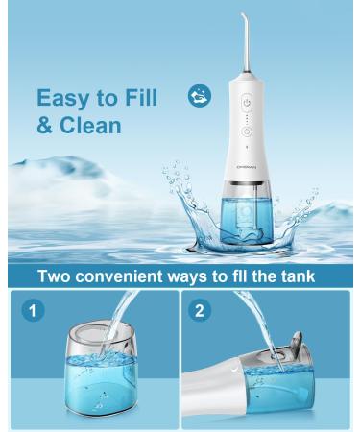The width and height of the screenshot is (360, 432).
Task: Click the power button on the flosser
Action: coord(247,103)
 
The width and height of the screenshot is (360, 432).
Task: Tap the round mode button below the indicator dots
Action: coord(247,132)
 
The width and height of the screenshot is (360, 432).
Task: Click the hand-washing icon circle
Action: coord(200,95)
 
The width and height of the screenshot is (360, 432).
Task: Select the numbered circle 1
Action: coord(33,310)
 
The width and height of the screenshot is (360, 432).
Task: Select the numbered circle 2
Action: coord(200,310)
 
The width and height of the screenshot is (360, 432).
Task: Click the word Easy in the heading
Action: coord(63,98)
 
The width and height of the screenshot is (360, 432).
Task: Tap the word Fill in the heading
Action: coord(141,97)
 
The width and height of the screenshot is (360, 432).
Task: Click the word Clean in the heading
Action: coord(90,125)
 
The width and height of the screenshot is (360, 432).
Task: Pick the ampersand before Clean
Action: coord(45,125)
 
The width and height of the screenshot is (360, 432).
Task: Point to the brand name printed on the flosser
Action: coord(247,166)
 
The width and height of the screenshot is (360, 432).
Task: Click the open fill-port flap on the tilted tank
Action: coord(297,343)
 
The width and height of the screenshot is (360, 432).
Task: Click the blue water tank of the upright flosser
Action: coord(247,218)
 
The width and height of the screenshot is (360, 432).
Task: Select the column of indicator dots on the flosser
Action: coord(247,118)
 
